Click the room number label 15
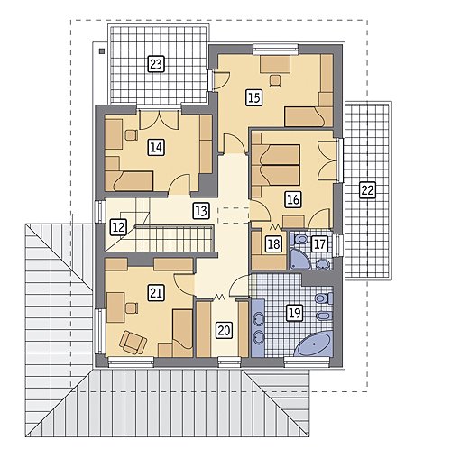(x=254, y=97)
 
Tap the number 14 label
(x=156, y=148)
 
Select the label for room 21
(x=156, y=293)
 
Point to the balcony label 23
(x=156, y=64)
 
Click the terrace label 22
(x=367, y=190)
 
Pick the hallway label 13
(x=201, y=211)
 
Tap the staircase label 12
(x=118, y=227)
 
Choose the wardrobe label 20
(x=224, y=331)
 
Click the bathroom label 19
(x=294, y=313)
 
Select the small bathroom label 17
(x=319, y=243)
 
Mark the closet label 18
(x=273, y=243)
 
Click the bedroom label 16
(x=293, y=199)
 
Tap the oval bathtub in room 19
(x=314, y=344)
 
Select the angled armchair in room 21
(x=133, y=343)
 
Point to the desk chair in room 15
(x=275, y=80)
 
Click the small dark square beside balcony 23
(x=102, y=50)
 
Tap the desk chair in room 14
(x=131, y=135)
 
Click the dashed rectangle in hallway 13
(x=233, y=215)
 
